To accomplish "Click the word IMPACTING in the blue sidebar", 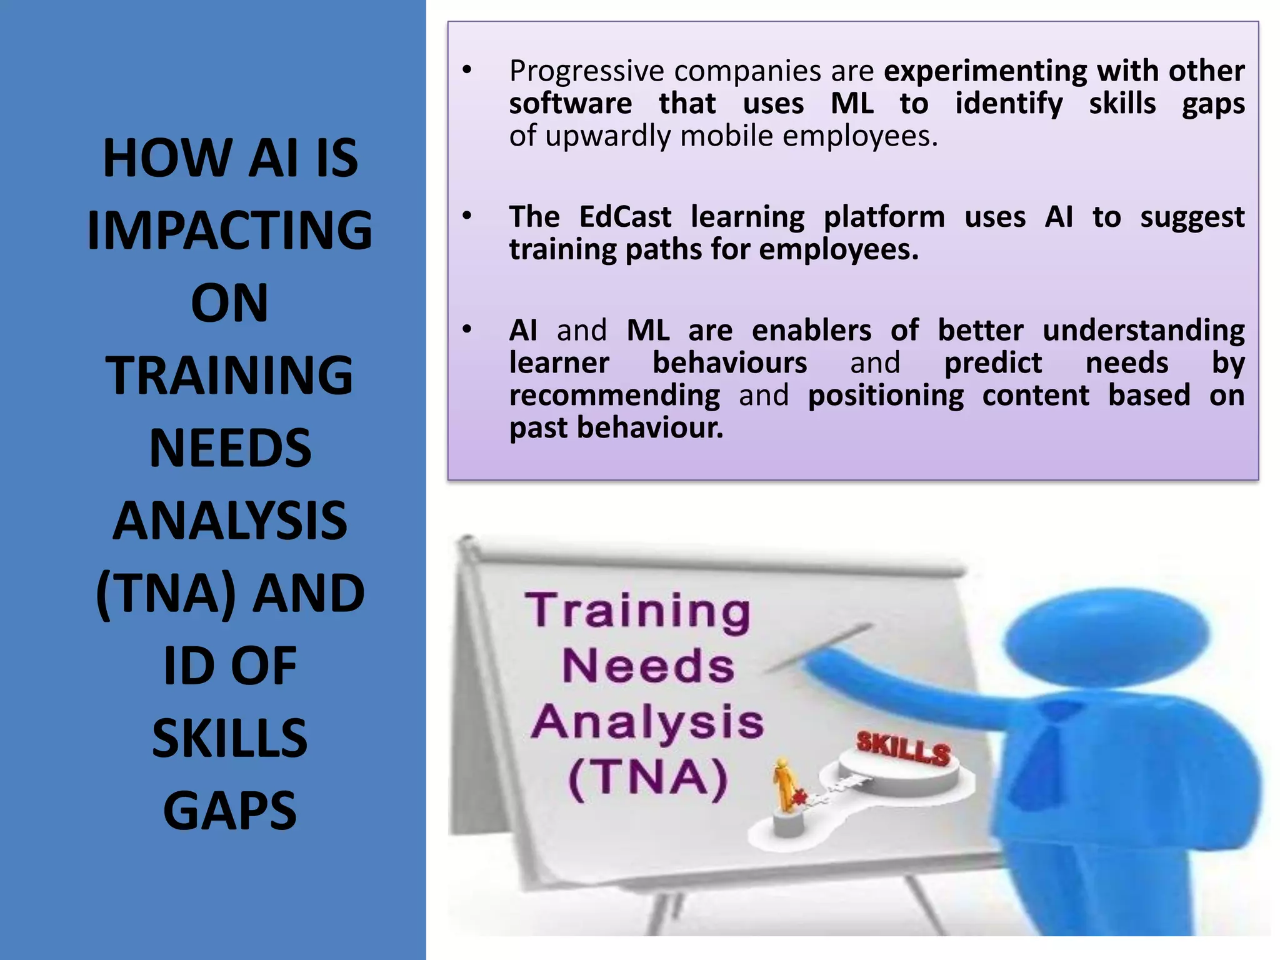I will coord(229,231).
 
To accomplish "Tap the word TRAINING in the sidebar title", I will coord(229,376).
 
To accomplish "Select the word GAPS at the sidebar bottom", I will coord(229,811).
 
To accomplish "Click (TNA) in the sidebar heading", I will coord(166,593).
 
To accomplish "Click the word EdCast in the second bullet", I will coord(625,217).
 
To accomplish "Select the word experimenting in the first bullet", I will coord(984,71).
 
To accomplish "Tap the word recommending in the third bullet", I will coord(614,396).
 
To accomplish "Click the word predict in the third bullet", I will coord(992,363).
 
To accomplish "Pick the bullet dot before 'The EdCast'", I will coord(467,216).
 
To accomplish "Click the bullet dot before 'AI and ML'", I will coord(467,329).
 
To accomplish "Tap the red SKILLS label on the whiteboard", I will coord(903,748).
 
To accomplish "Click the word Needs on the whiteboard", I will coord(648,666).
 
